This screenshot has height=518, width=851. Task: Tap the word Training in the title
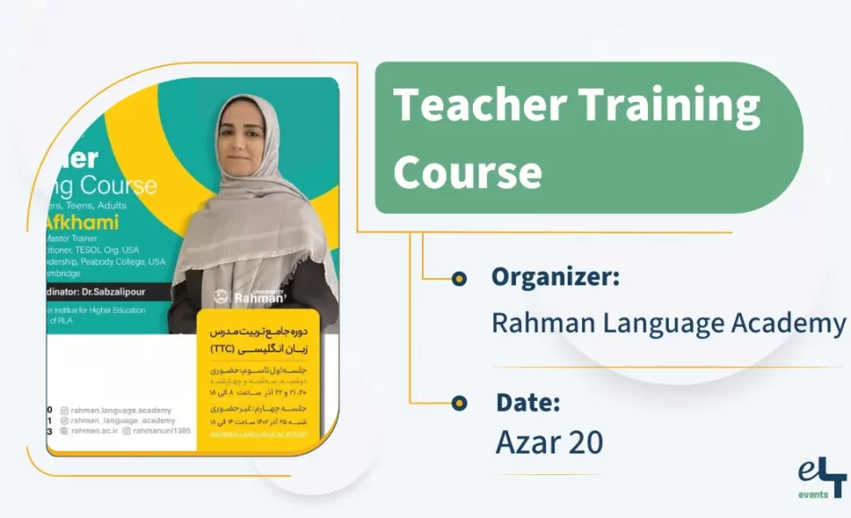[x=670, y=106]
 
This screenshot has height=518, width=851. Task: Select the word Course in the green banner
[x=467, y=171]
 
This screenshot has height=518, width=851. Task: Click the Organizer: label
[x=554, y=277]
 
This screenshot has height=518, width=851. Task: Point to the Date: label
[x=527, y=403]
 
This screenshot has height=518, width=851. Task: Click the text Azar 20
[x=549, y=442]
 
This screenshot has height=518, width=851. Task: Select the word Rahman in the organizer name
[x=545, y=322]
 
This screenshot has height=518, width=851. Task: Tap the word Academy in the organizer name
[x=789, y=322]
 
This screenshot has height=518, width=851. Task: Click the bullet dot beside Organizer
[x=459, y=278]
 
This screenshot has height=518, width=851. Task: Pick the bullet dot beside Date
[x=459, y=403]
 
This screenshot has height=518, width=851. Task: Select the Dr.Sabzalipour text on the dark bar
[x=117, y=292]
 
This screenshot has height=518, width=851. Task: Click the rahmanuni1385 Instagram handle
[x=164, y=430]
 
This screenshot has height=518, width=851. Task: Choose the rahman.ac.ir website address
[x=97, y=430]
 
